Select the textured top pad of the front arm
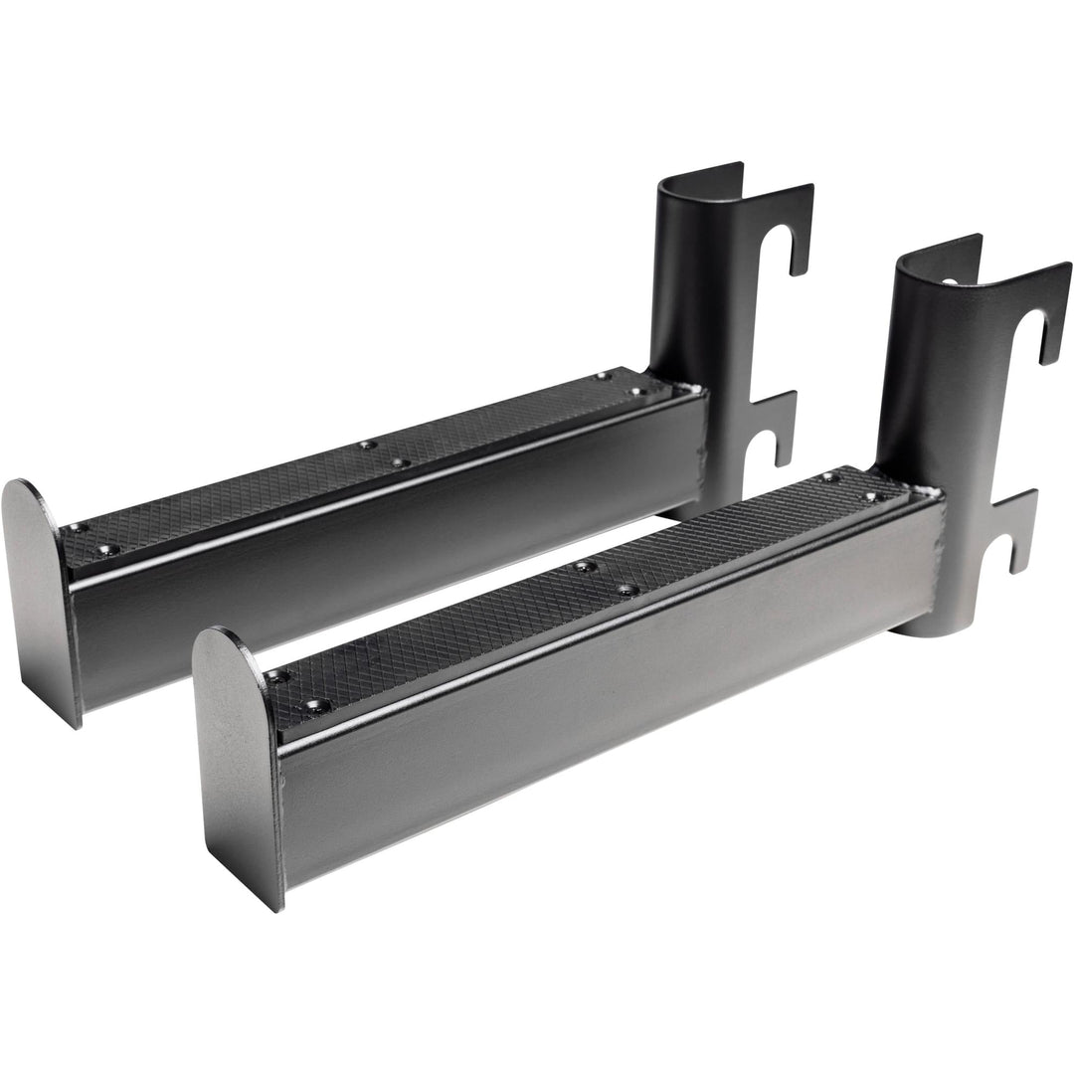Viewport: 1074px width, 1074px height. click(597, 577)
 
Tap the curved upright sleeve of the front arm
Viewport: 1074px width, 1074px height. click(920, 378)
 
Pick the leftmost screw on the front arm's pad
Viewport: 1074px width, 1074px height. click(280, 676)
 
